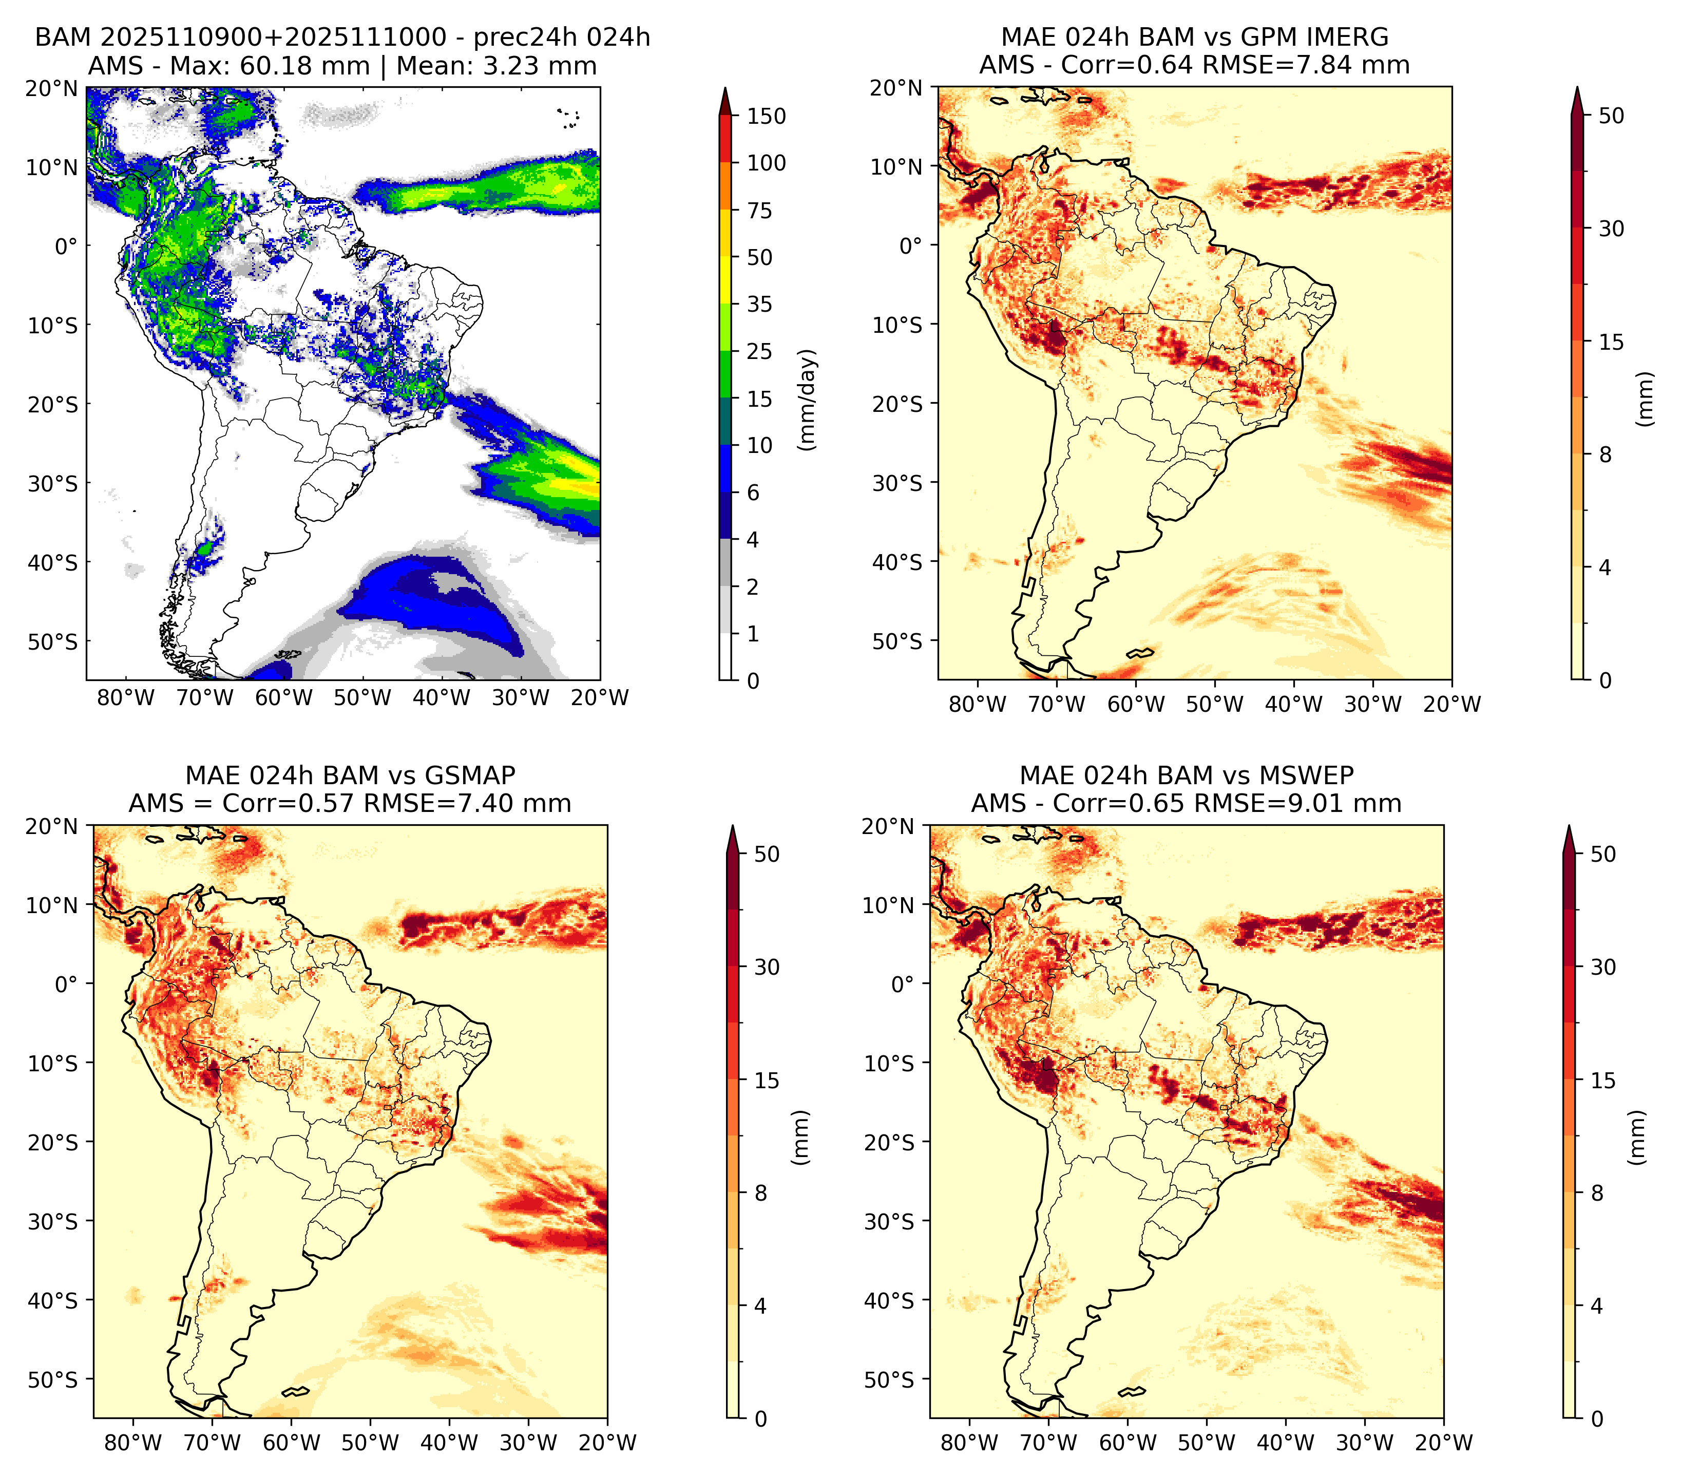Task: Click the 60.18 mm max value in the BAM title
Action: [x=304, y=66]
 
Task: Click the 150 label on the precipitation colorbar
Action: [x=767, y=116]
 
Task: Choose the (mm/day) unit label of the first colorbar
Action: [x=809, y=400]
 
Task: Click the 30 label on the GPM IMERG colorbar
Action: [x=1611, y=229]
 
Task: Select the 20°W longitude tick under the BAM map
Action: [x=600, y=697]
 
